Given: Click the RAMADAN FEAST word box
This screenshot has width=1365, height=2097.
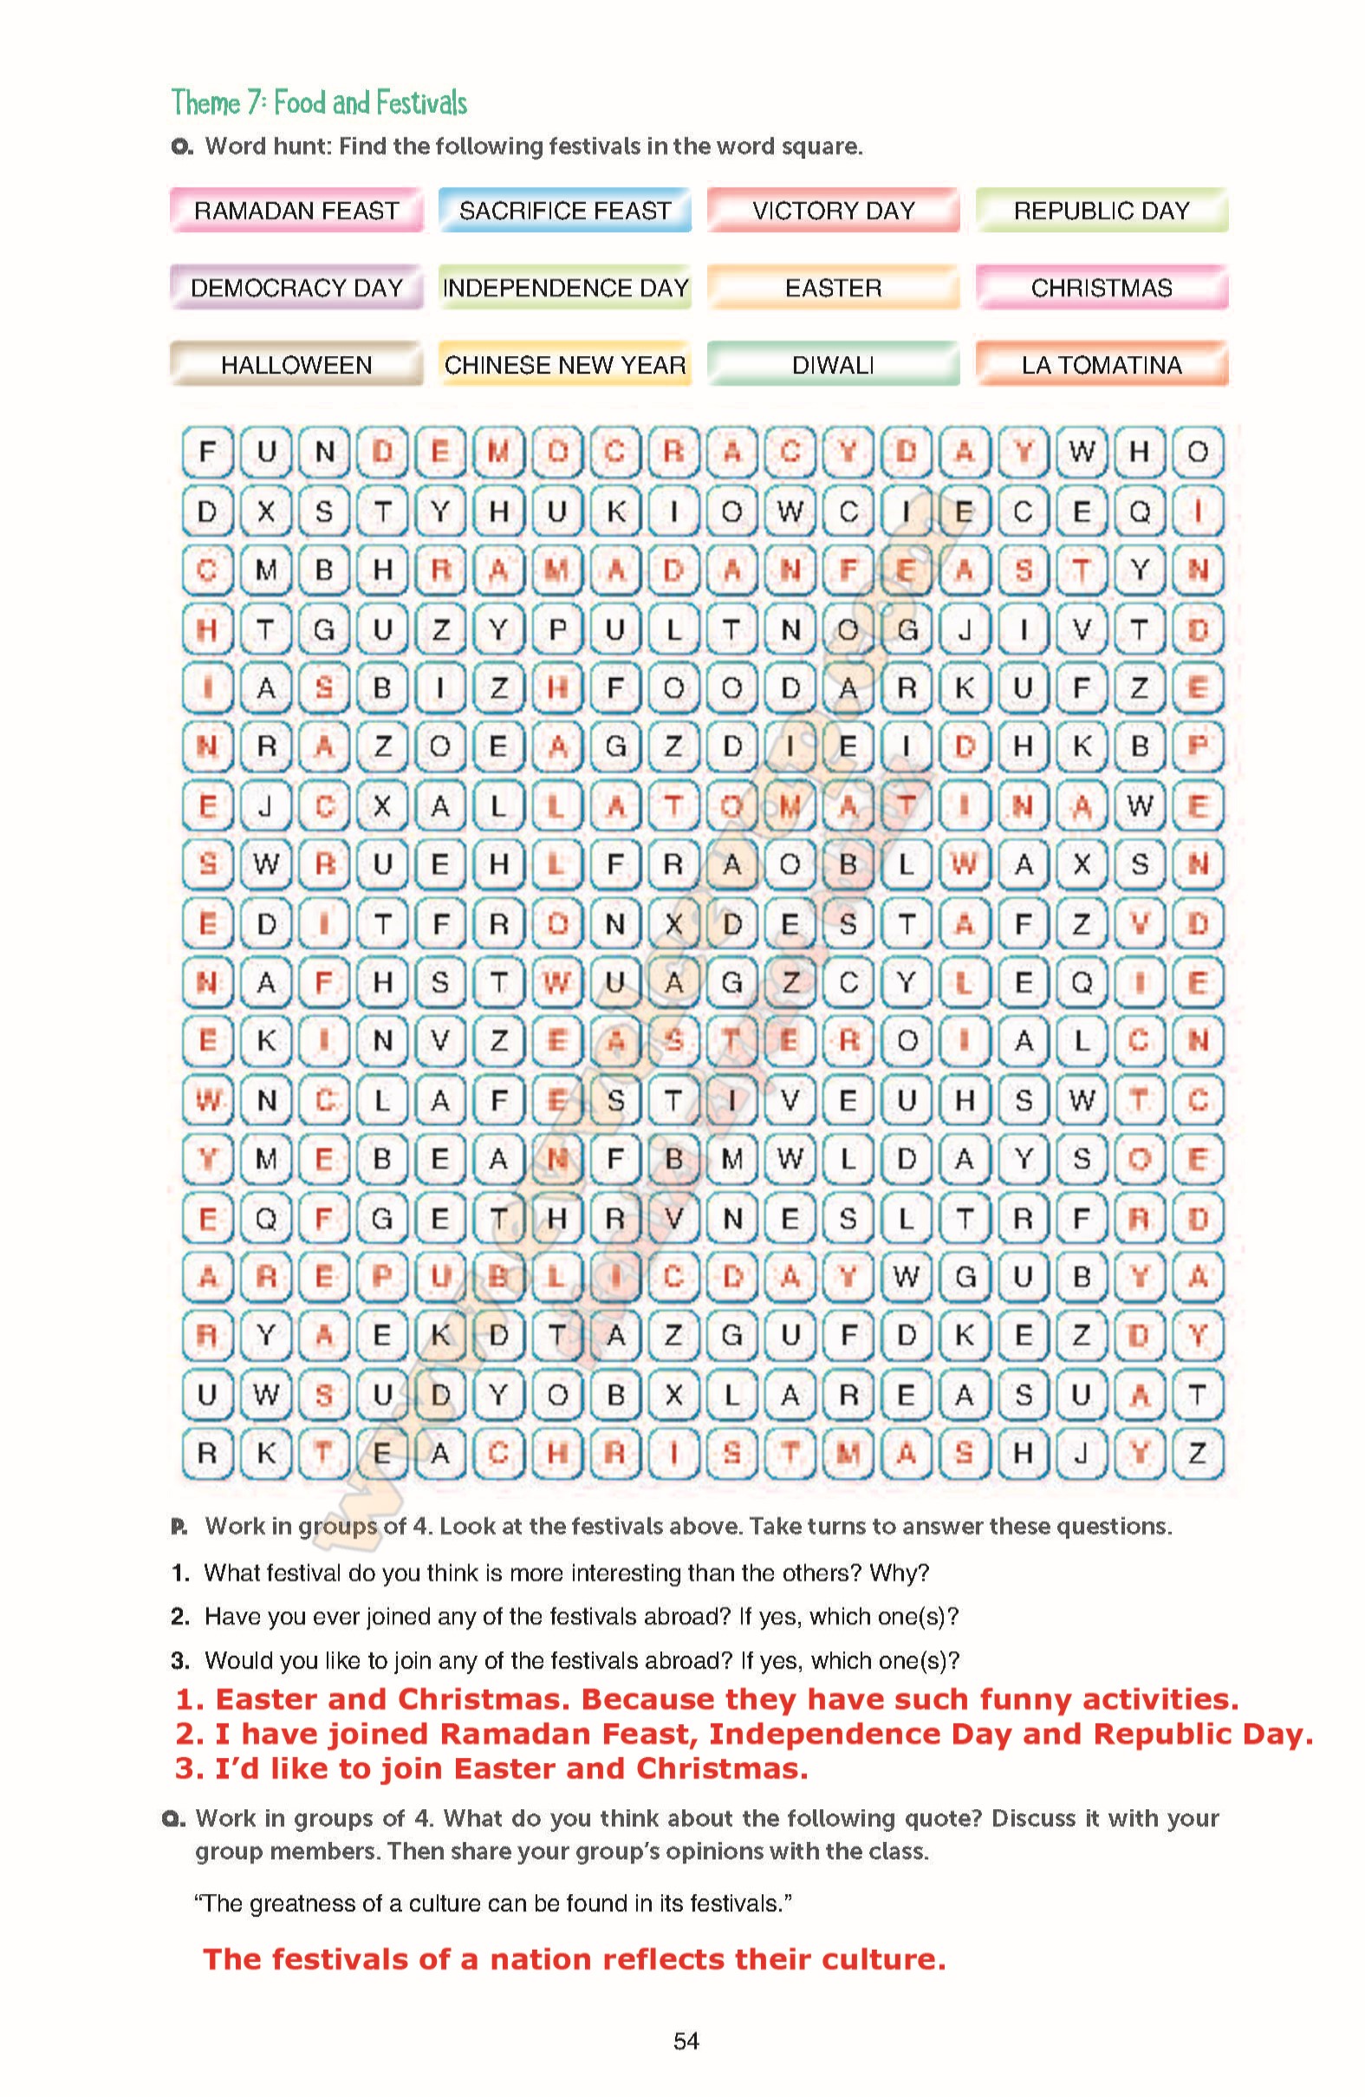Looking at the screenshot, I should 296,211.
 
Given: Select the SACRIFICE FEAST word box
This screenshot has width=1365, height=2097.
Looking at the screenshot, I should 564,211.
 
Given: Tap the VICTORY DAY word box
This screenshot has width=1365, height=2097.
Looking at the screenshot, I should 833,211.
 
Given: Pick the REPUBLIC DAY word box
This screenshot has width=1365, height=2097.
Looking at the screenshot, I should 1101,211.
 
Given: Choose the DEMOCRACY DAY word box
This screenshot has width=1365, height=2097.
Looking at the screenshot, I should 296,288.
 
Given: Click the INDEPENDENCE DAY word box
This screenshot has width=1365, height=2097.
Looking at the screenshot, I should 564,288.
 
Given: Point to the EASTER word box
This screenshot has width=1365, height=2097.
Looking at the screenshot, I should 833,288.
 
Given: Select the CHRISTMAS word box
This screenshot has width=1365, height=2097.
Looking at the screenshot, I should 1101,288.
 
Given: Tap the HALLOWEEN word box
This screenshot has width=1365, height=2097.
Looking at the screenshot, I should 296,365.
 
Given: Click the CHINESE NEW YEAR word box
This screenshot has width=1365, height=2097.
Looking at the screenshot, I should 564,365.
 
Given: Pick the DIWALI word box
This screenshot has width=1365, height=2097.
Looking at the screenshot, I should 833,365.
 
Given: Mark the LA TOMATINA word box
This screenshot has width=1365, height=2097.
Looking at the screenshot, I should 1101,365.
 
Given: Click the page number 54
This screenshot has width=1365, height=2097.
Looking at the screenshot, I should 686,2041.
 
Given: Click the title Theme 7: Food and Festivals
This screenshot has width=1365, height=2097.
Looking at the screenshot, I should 319,103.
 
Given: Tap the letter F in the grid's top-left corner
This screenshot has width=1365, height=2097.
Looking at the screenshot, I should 207,452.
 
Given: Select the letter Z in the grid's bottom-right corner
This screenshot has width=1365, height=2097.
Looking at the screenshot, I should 1197,1453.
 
